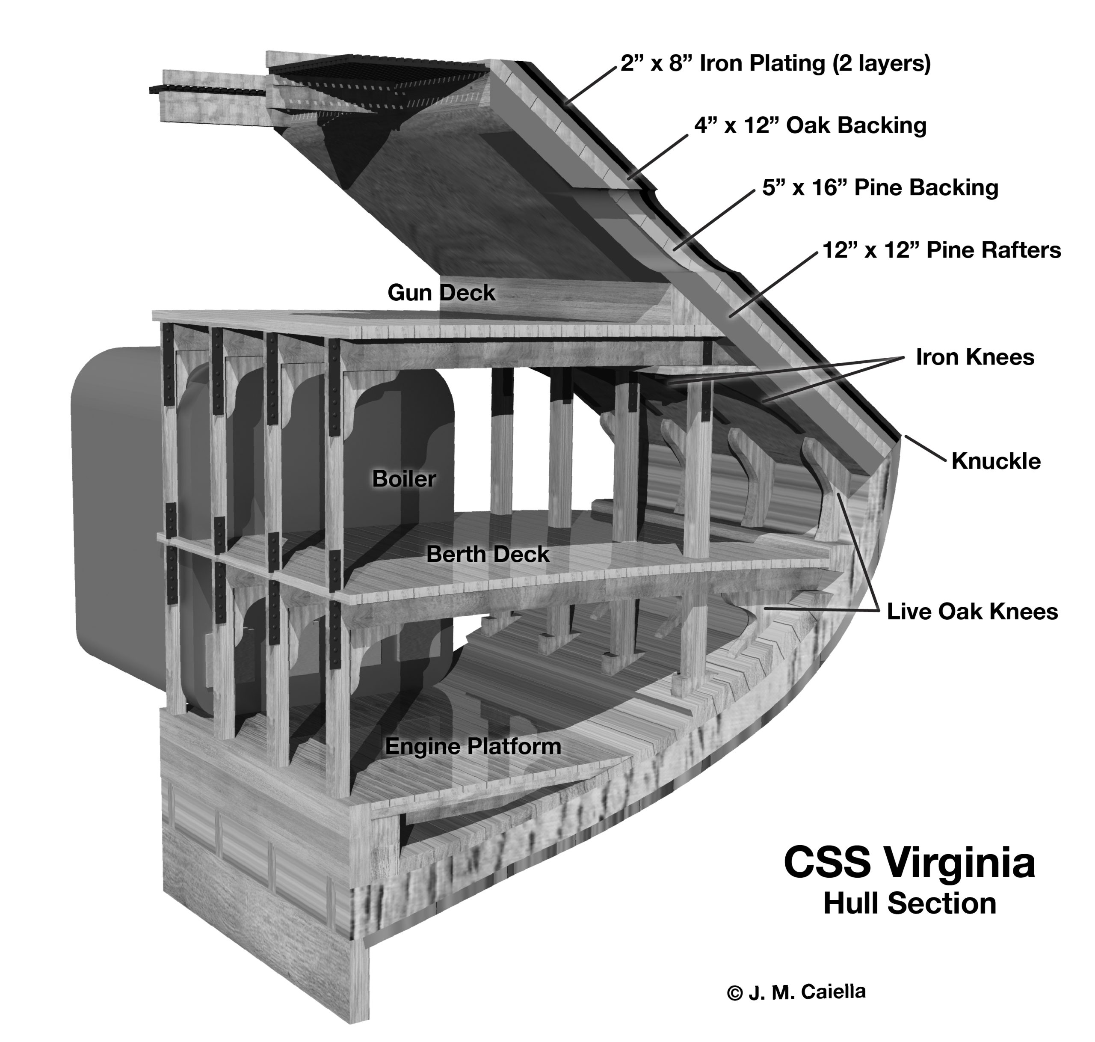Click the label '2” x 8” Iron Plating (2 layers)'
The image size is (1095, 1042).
[x=775, y=64]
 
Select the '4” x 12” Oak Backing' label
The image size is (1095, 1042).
[x=810, y=126]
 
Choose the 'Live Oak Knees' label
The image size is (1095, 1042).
[x=972, y=612]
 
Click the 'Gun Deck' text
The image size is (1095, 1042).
[x=441, y=293]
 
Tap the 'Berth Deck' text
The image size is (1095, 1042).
[x=488, y=554]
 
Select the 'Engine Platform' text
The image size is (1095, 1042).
[x=473, y=746]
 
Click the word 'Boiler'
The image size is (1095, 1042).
[x=404, y=478]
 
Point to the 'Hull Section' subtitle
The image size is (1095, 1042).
[x=909, y=904]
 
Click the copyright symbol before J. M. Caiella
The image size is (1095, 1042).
[x=734, y=993]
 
